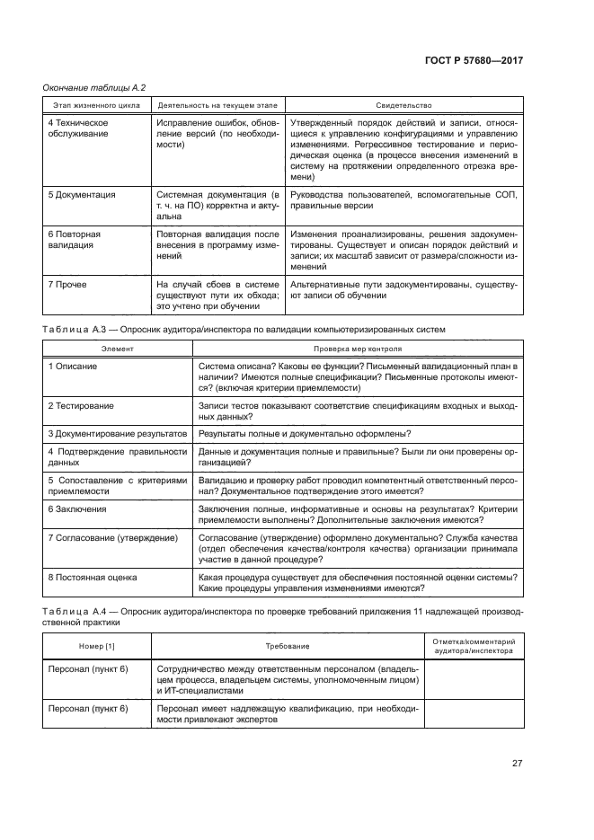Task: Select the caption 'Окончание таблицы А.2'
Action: pos(94,87)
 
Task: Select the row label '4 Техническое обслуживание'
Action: pos(79,128)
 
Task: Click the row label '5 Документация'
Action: pos(81,194)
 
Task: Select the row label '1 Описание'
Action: pos(73,367)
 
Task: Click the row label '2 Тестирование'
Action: pos(81,406)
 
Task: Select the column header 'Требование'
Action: pos(287,646)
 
